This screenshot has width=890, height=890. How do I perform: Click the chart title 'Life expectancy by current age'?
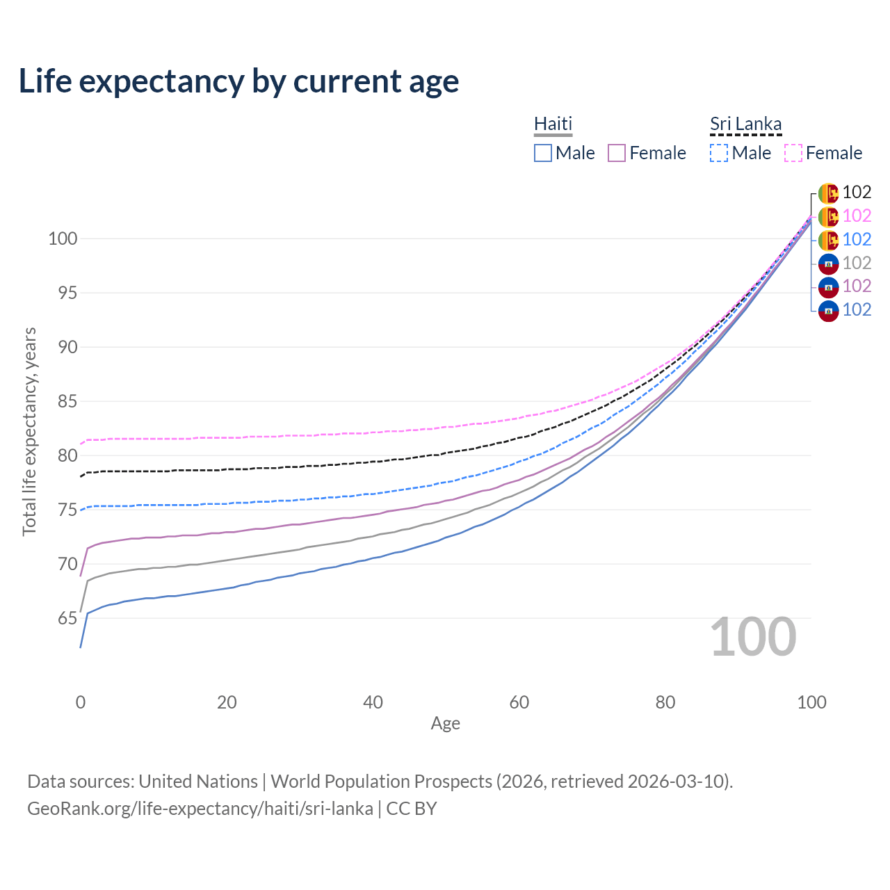[x=238, y=81]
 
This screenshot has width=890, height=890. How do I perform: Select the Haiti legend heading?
[x=553, y=124]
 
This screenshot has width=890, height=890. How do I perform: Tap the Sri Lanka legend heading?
[x=745, y=124]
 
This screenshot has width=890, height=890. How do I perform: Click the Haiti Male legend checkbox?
[x=543, y=153]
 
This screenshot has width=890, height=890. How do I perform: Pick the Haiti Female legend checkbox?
[x=617, y=153]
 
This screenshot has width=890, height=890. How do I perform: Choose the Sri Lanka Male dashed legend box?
[x=719, y=153]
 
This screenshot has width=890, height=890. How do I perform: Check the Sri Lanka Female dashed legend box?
[x=793, y=153]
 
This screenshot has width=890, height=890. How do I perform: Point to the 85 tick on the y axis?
[x=63, y=401]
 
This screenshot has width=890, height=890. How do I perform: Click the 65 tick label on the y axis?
[x=63, y=618]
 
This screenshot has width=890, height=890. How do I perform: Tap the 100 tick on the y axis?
[x=62, y=238]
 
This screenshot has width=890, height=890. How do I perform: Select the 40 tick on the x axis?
[x=373, y=702]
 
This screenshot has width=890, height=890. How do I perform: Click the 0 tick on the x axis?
[x=81, y=702]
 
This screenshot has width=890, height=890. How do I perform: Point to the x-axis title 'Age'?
[x=445, y=723]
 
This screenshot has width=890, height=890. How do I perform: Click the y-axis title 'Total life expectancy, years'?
[x=29, y=431]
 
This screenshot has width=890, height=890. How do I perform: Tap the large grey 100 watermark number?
[x=753, y=637]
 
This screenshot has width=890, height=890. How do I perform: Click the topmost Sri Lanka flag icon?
[x=828, y=193]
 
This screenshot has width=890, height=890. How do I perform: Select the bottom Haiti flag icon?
[x=828, y=310]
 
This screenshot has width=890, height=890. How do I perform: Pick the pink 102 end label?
[x=857, y=216]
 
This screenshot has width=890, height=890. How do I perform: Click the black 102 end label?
[x=857, y=192]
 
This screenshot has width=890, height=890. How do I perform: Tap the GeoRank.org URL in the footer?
[x=200, y=809]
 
